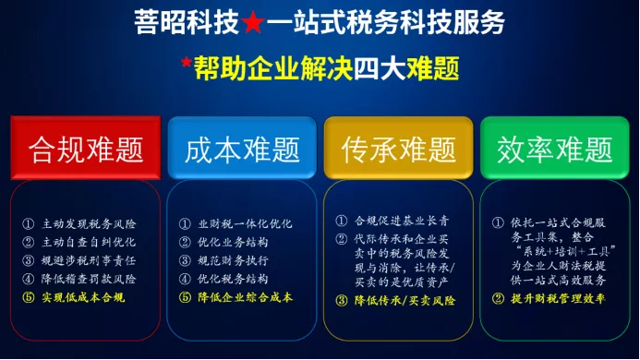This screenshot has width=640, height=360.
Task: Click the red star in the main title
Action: point(253,22)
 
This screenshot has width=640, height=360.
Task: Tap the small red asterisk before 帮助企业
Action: point(187,63)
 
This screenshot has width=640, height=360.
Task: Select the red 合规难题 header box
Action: point(86,148)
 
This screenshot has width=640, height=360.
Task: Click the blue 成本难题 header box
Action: point(242,148)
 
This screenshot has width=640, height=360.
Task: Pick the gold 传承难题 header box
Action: point(398,148)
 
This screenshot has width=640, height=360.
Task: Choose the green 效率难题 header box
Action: point(555,148)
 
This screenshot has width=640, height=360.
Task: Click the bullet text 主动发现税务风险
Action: point(89,223)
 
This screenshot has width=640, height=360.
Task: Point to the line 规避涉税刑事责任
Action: point(89,260)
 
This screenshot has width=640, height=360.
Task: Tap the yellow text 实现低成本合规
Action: point(83,297)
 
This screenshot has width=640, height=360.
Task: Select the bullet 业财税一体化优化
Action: point(246,223)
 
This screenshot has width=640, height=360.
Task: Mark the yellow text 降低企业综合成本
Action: point(246,297)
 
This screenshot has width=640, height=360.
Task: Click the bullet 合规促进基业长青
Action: point(402,221)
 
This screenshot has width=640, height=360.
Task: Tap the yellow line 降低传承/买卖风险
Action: point(405,300)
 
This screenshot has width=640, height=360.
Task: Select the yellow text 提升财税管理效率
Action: point(558,298)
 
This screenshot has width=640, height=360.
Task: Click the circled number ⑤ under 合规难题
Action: point(28,297)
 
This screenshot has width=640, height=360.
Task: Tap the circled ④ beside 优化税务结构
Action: point(185,279)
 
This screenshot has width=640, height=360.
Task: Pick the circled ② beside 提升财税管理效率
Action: point(498,299)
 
